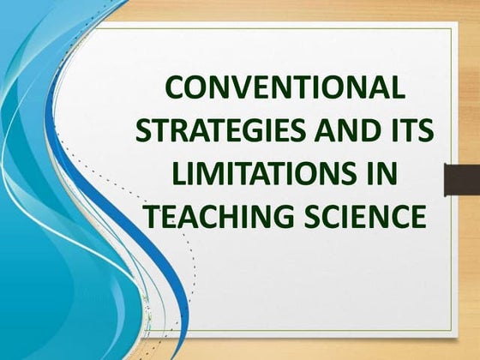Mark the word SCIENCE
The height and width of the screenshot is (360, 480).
363,216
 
